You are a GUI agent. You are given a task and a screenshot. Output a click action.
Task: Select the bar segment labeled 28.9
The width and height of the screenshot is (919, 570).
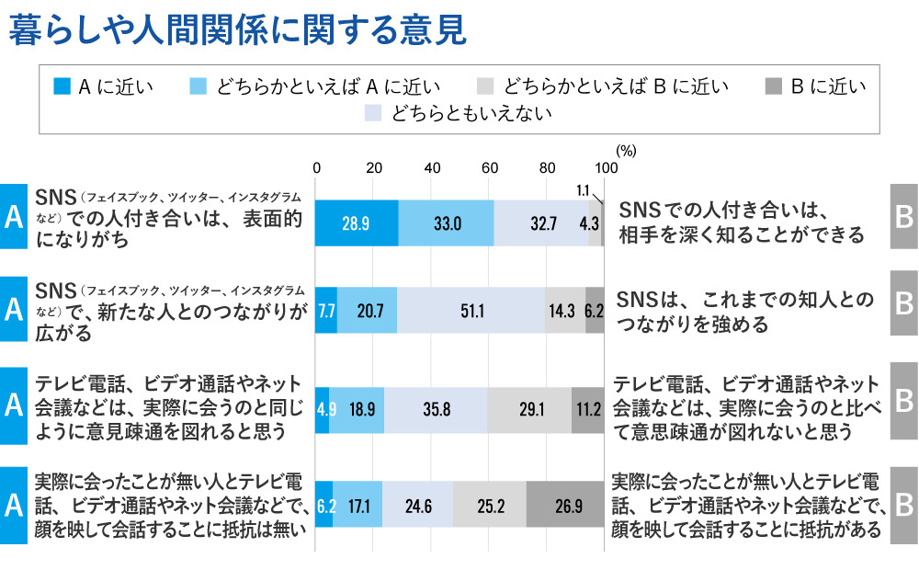point(357,222)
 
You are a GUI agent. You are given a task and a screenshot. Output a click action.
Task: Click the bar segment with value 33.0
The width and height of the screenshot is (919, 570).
point(447,222)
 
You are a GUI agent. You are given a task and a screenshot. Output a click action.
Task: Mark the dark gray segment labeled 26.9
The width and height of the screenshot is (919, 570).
point(565,504)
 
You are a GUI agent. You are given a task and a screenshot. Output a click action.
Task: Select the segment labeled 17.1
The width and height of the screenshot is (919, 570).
point(357,504)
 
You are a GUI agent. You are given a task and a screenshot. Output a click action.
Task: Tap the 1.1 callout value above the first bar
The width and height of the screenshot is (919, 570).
point(583,189)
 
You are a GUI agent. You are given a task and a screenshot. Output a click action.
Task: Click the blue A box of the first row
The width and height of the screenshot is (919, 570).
point(14,216)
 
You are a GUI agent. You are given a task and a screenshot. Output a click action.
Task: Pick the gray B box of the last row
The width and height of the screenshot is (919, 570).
point(904,504)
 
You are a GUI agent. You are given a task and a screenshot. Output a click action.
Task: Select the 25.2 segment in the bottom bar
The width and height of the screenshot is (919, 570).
point(490,504)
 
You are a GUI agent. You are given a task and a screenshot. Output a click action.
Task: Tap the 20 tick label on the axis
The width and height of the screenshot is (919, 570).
point(374,167)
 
